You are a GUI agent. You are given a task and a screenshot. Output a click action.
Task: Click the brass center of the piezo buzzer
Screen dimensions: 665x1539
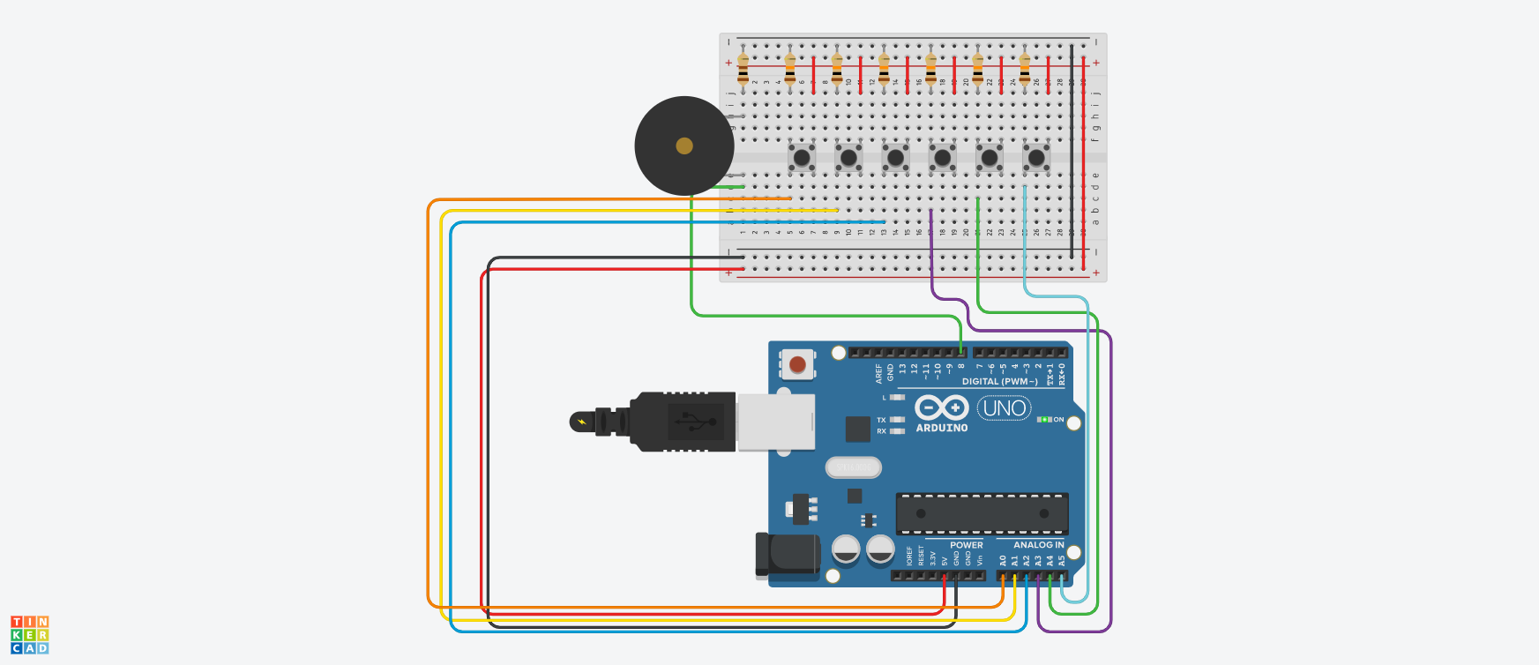(x=684, y=146)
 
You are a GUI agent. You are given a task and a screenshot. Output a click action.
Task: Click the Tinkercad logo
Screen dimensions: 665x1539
(x=30, y=635)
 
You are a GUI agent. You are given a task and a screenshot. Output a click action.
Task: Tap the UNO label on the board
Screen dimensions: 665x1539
(x=1004, y=408)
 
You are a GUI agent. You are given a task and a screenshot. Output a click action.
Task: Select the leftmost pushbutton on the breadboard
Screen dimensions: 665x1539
(x=801, y=158)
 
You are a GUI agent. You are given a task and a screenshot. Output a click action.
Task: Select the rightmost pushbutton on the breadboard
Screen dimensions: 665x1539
(x=1036, y=158)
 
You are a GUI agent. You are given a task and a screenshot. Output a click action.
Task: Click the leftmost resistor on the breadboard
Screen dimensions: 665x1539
(x=743, y=69)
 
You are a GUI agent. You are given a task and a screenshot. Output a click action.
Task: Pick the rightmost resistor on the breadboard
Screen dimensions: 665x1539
(x=1025, y=69)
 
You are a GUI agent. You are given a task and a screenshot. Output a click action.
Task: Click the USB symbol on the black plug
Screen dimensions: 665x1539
(x=696, y=422)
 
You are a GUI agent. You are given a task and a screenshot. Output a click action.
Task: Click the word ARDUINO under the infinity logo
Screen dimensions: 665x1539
(x=942, y=428)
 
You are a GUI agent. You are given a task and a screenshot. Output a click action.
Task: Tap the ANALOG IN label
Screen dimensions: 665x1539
(x=1038, y=545)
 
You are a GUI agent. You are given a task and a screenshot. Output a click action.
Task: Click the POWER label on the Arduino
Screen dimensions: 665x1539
(x=966, y=545)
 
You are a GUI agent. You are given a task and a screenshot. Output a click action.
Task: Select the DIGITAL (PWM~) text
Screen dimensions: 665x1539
(x=999, y=382)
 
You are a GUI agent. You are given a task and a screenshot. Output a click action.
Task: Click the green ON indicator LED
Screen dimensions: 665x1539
(x=1044, y=420)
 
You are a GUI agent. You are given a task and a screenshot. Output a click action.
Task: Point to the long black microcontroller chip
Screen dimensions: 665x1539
(x=982, y=513)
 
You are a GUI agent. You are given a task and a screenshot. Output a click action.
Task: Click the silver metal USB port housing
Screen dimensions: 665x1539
(x=775, y=422)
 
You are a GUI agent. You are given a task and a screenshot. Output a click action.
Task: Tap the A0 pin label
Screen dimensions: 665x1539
(x=1003, y=561)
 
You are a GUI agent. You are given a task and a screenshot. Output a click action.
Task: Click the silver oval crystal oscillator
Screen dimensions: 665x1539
(x=853, y=467)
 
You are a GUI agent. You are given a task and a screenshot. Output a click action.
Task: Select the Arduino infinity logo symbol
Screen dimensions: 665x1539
(x=941, y=407)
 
